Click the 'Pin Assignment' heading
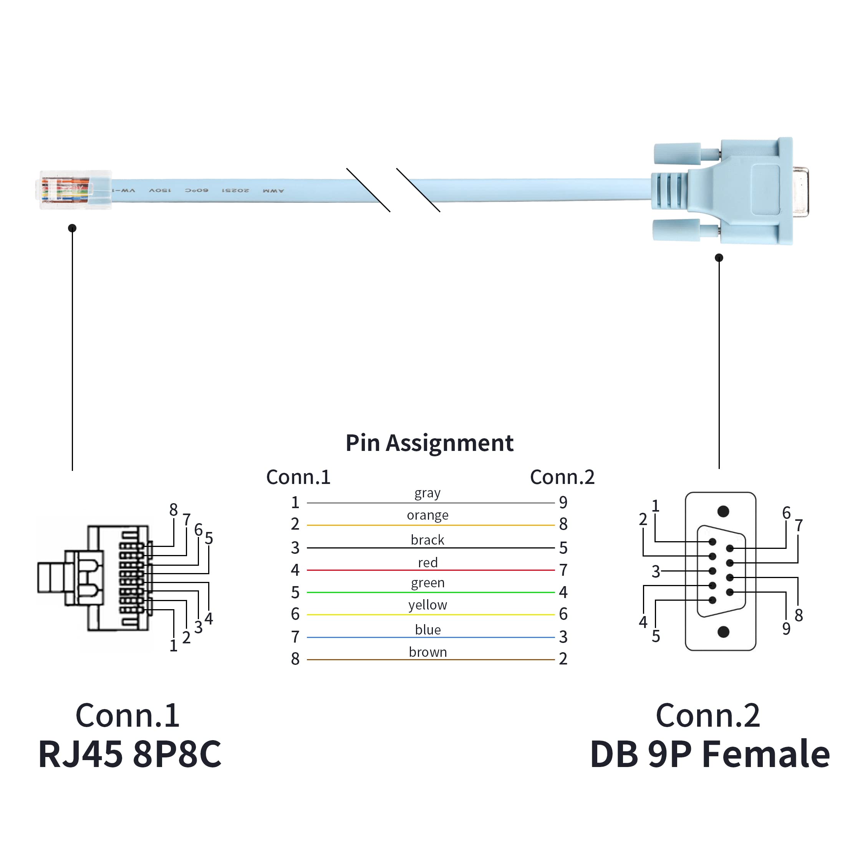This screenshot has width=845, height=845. click(x=429, y=443)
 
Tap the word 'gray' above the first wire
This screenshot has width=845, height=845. click(x=427, y=493)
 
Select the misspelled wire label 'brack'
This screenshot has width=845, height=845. click(x=427, y=540)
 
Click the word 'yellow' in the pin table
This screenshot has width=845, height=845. click(x=427, y=605)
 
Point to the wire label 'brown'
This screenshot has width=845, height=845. click(x=427, y=652)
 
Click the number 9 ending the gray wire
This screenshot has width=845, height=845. click(x=563, y=502)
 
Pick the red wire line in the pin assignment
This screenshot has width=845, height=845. click(x=431, y=570)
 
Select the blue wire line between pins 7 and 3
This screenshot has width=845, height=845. click(x=431, y=637)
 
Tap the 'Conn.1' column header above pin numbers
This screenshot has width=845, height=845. click(x=298, y=477)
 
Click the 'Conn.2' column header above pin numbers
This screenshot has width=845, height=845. click(x=562, y=477)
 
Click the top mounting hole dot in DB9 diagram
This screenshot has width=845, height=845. click(x=723, y=511)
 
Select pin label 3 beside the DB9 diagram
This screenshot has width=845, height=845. click(x=656, y=572)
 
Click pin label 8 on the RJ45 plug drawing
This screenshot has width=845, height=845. click(x=173, y=510)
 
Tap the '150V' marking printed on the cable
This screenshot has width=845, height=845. click(x=160, y=191)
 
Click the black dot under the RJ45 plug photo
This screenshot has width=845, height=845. click(x=72, y=228)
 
